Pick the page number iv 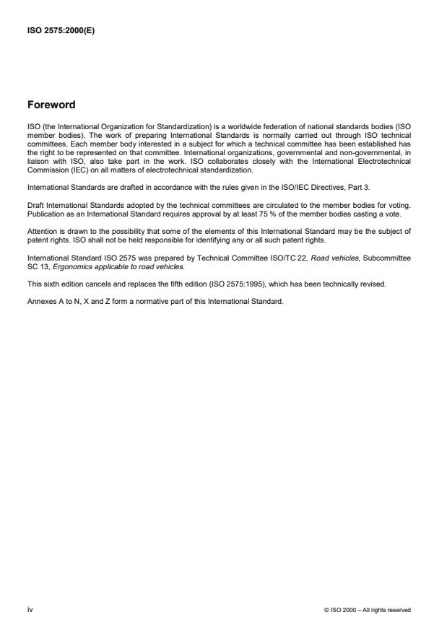(30, 610)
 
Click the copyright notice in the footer (368, 611)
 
